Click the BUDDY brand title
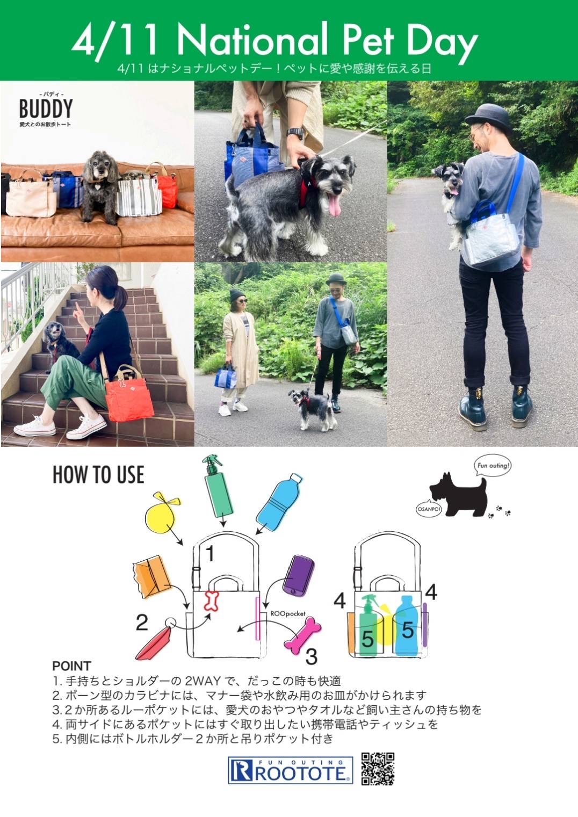click(46, 109)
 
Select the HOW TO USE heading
click(98, 474)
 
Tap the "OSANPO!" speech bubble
click(429, 509)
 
